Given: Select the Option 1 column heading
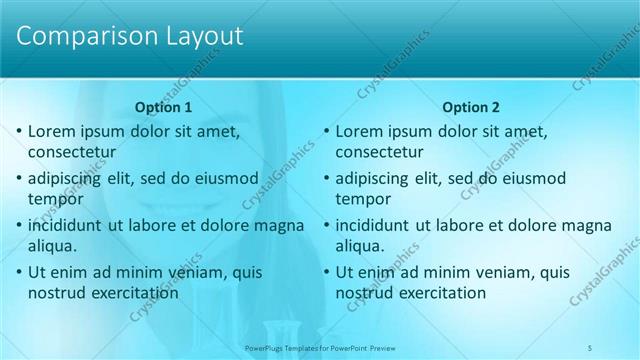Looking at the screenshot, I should coord(163,107).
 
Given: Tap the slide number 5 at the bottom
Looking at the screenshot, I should coord(591,348).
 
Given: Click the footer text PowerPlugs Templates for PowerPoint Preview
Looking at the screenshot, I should coord(320,348).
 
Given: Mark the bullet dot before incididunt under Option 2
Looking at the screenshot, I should coord(326,225).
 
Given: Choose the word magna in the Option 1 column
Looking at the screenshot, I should coord(280,225).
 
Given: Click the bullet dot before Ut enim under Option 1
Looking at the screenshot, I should coord(19,271).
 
